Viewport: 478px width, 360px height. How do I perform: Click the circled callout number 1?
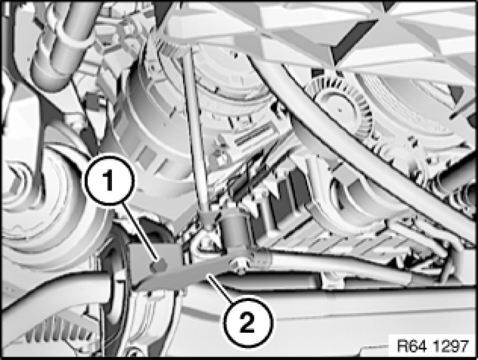pyautogui.click(x=109, y=180)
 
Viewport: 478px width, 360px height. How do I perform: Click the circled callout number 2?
pyautogui.click(x=248, y=322)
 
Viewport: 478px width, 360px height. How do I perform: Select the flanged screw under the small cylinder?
pyautogui.click(x=241, y=266)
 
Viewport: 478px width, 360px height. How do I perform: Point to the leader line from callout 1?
pyautogui.click(x=140, y=232)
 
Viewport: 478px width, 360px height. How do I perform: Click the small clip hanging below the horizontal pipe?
pyautogui.click(x=332, y=281)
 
